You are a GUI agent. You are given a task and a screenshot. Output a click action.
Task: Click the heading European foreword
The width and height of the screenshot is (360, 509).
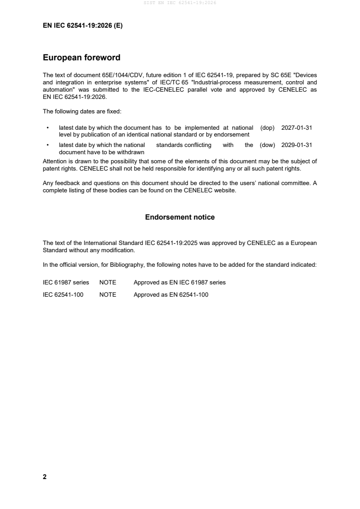pyautogui.click(x=81, y=58)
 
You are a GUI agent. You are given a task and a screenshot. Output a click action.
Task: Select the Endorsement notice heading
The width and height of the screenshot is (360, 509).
pyautogui.click(x=180, y=217)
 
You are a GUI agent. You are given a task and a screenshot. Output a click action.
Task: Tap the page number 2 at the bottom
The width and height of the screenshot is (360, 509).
pyautogui.click(x=44, y=477)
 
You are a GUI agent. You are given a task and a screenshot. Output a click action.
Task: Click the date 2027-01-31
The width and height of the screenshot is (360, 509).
pyautogui.click(x=296, y=128)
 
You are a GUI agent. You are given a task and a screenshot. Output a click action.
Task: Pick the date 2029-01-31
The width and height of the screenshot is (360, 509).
pyautogui.click(x=296, y=145)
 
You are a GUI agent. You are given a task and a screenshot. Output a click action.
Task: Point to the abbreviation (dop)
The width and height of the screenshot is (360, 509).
pyautogui.click(x=267, y=128)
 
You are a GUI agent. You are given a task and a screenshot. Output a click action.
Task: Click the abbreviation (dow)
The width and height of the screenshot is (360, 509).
pyautogui.click(x=267, y=145)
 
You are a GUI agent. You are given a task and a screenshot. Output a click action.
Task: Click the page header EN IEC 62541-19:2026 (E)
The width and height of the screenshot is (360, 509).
pyautogui.click(x=83, y=26)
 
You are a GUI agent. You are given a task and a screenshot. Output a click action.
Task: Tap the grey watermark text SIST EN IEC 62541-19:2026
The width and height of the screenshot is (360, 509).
pyautogui.click(x=180, y=3)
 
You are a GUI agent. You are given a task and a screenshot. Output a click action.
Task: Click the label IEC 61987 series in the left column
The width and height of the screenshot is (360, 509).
pyautogui.click(x=66, y=282)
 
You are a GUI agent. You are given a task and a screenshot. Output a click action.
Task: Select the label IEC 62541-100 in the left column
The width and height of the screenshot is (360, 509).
pyautogui.click(x=63, y=294)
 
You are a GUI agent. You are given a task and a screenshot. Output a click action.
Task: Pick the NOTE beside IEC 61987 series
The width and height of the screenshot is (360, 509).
pyautogui.click(x=108, y=282)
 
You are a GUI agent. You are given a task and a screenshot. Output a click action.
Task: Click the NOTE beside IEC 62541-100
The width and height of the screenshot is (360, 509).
pyautogui.click(x=108, y=294)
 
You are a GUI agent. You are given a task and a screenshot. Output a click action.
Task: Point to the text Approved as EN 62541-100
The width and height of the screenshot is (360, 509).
pyautogui.click(x=171, y=294)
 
